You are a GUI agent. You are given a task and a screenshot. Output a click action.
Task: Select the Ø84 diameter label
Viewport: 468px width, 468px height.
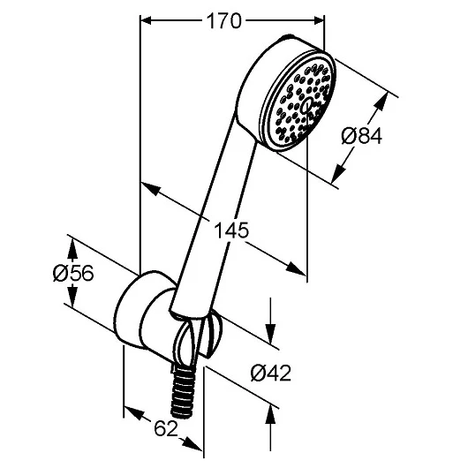359,137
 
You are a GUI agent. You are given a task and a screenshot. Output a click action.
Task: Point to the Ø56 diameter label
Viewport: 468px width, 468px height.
72,274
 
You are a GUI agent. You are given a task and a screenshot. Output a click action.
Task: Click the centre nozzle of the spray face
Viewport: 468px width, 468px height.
303,105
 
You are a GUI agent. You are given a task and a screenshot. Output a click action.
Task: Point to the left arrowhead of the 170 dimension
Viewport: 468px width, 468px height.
147,21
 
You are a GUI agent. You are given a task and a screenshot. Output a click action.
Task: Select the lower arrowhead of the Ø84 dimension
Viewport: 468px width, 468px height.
340,177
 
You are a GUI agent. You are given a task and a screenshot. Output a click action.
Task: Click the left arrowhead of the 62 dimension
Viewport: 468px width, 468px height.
128,413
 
